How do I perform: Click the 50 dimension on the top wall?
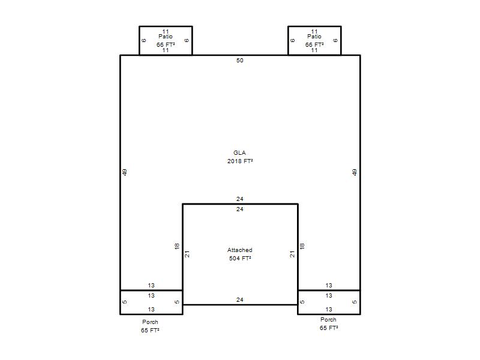pyautogui.click(x=239, y=61)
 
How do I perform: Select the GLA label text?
pyautogui.click(x=239, y=153)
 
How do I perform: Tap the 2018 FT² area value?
pyautogui.click(x=240, y=161)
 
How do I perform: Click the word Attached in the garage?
pyautogui.click(x=239, y=250)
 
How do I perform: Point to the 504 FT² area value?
pyautogui.click(x=240, y=259)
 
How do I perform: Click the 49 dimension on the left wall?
pyautogui.click(x=125, y=172)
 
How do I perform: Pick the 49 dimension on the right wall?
pyautogui.click(x=355, y=172)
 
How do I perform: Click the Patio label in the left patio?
pyautogui.click(x=166, y=37)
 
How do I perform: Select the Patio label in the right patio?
pyautogui.click(x=314, y=37)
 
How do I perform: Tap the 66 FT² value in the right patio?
pyautogui.click(x=314, y=44)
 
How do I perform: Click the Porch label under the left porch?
pyautogui.click(x=150, y=322)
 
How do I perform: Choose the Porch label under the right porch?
pyautogui.click(x=328, y=320)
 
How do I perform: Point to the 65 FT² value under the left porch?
pyautogui.click(x=150, y=331)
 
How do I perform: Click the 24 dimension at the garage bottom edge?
pyautogui.click(x=239, y=299)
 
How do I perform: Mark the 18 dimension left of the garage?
pyautogui.click(x=176, y=246)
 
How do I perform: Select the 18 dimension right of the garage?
pyautogui.click(x=302, y=246)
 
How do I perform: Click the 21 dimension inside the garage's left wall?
pyautogui.click(x=187, y=254)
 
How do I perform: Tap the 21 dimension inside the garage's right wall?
pyautogui.click(x=292, y=254)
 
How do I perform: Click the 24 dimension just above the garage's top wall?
pyautogui.click(x=239, y=199)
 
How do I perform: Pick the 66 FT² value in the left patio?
pyautogui.click(x=166, y=44)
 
